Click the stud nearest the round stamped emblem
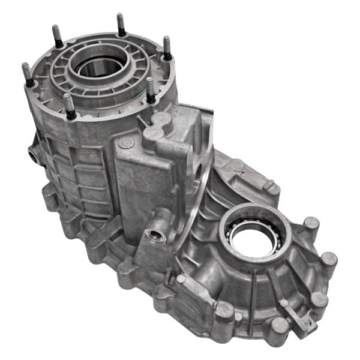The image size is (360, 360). [150, 90]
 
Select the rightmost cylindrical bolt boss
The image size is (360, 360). [329, 262]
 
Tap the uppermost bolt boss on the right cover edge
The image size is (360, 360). [310, 226]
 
